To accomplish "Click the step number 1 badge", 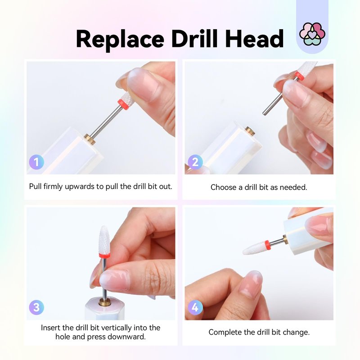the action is click(36, 162).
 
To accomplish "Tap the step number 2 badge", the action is click(195, 162).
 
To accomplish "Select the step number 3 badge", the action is click(36, 307).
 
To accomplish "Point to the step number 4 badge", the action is click(195, 307).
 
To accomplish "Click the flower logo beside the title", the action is click(312, 34).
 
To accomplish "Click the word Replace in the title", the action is click(120, 39).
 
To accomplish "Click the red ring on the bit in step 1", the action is click(123, 104).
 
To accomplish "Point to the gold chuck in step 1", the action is click(90, 139).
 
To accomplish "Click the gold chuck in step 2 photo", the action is click(249, 131).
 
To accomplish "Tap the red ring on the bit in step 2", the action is click(300, 76).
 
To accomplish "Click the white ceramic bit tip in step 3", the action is click(104, 239).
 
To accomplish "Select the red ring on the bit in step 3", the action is click(104, 255).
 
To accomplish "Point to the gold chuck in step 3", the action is click(105, 302).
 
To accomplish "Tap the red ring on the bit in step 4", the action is click(267, 245).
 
